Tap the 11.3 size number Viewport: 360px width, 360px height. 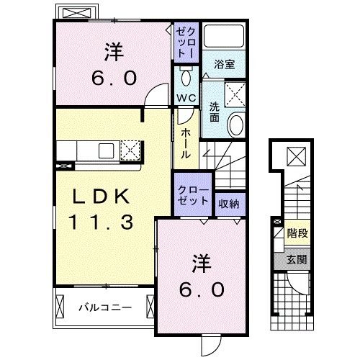102,222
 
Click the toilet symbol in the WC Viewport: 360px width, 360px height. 186,76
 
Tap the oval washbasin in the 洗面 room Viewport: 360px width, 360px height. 235,127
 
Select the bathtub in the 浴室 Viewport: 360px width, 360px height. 223,39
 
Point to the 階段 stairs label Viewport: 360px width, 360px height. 296,233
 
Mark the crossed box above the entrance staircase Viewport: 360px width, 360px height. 295,154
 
